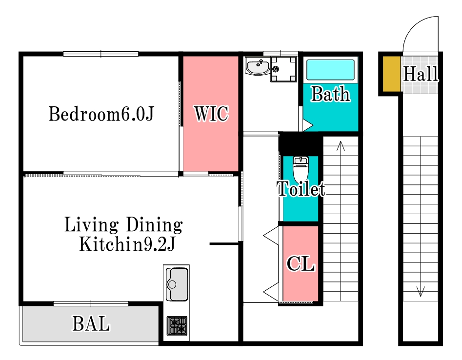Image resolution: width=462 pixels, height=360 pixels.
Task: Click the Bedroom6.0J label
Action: (101, 114)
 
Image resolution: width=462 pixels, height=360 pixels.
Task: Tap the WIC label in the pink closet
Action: (211, 114)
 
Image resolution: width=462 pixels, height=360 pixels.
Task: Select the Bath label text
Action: (331, 94)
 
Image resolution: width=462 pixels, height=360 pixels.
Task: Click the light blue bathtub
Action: (330, 70)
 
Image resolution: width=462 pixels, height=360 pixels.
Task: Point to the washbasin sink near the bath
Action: (258, 66)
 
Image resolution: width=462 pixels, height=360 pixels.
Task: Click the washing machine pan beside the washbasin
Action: (283, 69)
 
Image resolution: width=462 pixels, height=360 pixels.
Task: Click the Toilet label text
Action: (301, 189)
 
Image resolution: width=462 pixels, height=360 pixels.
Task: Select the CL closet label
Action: (301, 263)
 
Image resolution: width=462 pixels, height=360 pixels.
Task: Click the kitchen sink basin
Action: (177, 284)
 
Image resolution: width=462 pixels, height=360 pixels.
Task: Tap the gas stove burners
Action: (177, 325)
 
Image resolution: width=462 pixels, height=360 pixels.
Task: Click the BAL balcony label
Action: (91, 324)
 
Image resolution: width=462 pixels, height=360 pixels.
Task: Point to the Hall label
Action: (421, 74)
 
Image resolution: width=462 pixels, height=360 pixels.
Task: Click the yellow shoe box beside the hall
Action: (392, 74)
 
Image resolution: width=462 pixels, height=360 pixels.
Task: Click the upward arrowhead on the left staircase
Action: (341, 145)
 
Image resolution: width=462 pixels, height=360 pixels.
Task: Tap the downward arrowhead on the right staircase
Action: (421, 291)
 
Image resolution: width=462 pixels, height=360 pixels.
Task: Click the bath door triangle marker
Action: (308, 125)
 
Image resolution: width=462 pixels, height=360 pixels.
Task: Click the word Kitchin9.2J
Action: (127, 244)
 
